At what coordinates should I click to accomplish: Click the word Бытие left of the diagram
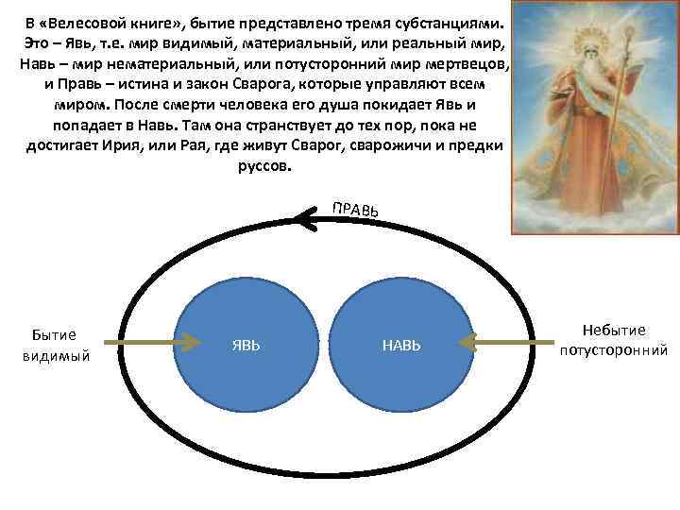coord(54,333)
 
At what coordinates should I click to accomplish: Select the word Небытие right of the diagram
coord(614,330)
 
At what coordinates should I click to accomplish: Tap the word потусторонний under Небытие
coord(614,350)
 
